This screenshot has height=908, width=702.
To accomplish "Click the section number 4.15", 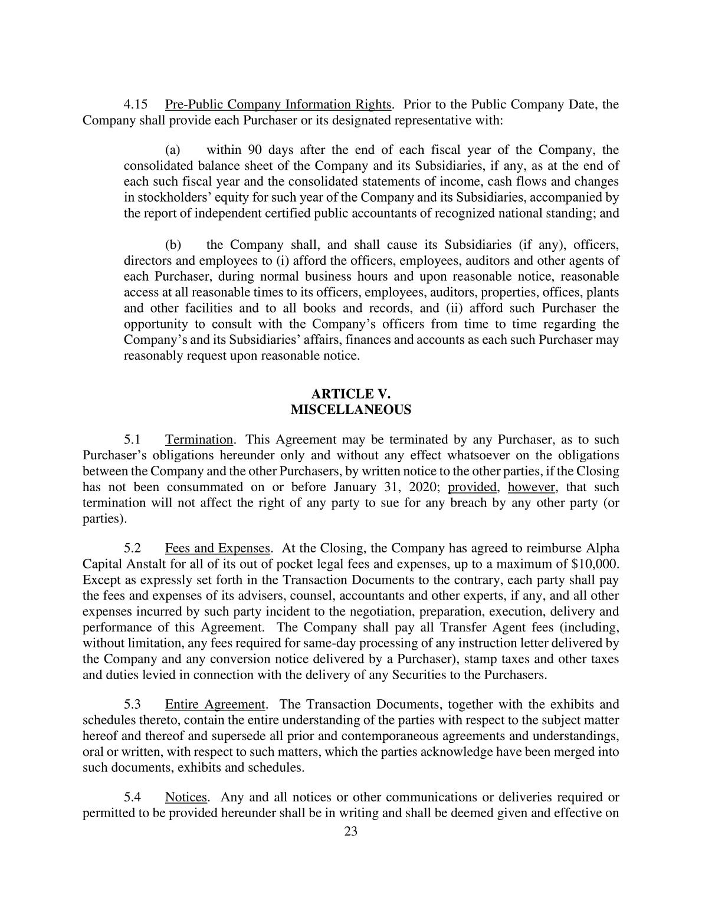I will coord(135,105).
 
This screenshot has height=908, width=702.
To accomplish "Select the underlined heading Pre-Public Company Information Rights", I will coord(278,105).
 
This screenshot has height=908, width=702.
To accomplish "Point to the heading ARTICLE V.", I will coord(351,394).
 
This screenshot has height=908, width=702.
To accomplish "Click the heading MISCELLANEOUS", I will coord(351,410).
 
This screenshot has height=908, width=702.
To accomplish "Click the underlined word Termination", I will coord(199,440).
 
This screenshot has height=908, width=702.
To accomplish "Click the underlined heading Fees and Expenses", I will coord(217,548).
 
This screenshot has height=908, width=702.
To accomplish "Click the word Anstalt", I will coord(143,564).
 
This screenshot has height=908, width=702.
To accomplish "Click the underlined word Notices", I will coord(186,798).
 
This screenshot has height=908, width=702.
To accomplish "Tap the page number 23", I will coord(351,832).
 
